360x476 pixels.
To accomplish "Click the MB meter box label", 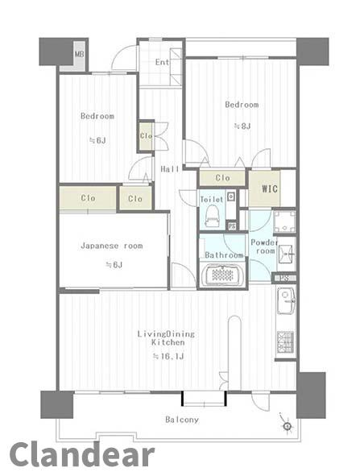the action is [x=79, y=55].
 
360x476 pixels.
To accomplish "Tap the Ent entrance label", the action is [x=162, y=62].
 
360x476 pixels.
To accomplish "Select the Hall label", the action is [x=170, y=169].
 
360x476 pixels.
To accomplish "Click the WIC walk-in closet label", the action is [x=270, y=188].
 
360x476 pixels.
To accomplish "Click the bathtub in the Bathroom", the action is [x=222, y=275].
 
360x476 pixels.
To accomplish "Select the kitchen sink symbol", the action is [x=286, y=300].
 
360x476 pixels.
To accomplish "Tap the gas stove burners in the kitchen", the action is [x=285, y=341].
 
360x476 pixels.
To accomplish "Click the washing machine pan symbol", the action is [x=284, y=221].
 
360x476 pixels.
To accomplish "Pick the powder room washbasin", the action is [x=286, y=254].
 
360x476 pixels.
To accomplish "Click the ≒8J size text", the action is [x=242, y=126].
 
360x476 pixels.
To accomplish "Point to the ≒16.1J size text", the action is [x=168, y=356].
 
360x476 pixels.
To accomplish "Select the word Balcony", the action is [x=182, y=420].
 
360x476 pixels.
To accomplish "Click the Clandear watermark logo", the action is [x=81, y=455].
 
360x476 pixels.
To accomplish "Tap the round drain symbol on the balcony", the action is [x=288, y=426].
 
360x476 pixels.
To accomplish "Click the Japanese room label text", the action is [x=112, y=246].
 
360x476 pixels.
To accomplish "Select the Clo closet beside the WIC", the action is [x=222, y=178].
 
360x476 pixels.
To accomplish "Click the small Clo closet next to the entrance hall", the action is [x=146, y=135].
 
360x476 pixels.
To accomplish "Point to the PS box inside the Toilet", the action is [x=232, y=226].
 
